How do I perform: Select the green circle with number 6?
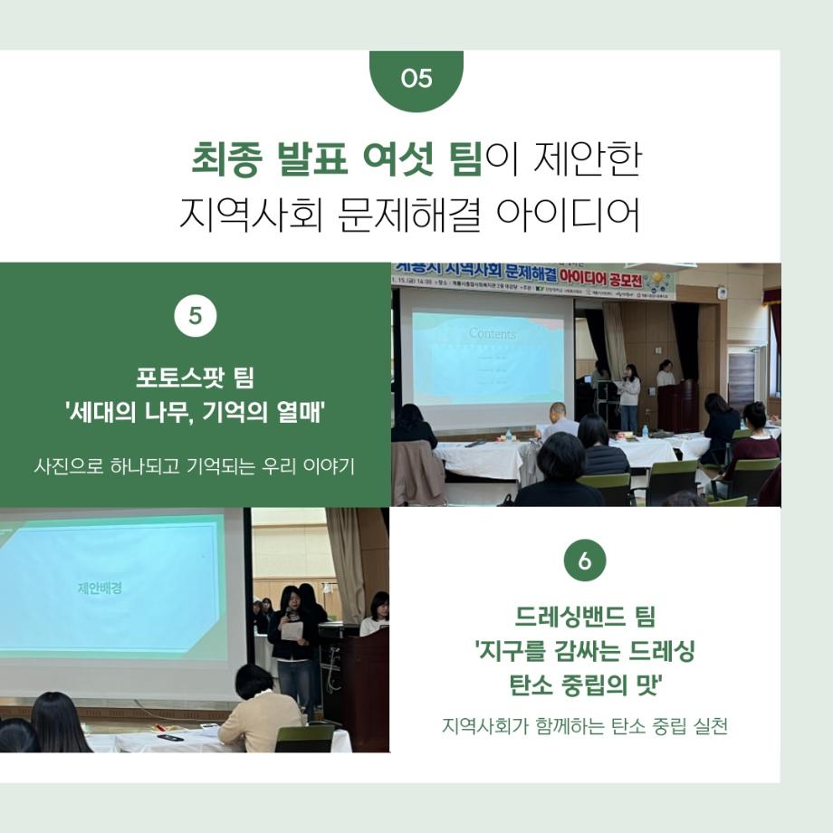click(x=584, y=560)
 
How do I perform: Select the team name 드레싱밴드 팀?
click(x=584, y=618)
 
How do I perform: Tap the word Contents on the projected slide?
click(x=492, y=334)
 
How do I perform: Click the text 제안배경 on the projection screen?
click(x=100, y=588)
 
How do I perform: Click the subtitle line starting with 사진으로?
click(x=195, y=467)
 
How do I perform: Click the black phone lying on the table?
click(x=170, y=737)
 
